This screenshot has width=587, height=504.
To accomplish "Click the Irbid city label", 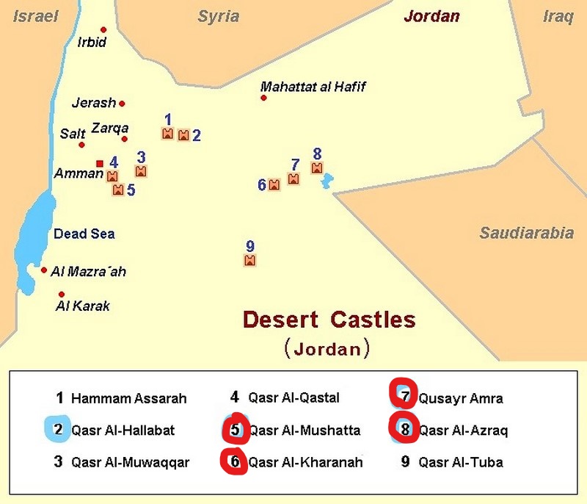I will pyautogui.click(x=92, y=43).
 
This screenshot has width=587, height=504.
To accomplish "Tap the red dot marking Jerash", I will pyautogui.click(x=122, y=104).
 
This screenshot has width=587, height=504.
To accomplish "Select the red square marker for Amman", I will pyautogui.click(x=100, y=163).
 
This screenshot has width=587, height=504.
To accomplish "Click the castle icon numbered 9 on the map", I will pyautogui.click(x=249, y=260).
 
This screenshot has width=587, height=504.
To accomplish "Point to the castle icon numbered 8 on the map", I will pyautogui.click(x=317, y=168).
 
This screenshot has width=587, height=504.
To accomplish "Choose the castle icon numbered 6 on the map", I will pyautogui.click(x=274, y=185).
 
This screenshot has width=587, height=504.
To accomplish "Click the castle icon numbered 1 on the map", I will pyautogui.click(x=167, y=134).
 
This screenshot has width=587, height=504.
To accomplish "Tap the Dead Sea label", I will pyautogui.click(x=84, y=234).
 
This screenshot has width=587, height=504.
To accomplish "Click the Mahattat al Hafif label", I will pyautogui.click(x=313, y=87).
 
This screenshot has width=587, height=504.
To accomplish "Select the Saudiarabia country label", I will pyautogui.click(x=526, y=234).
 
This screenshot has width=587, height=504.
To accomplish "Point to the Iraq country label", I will pyautogui.click(x=558, y=17).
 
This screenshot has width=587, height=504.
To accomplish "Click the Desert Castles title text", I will pyautogui.click(x=329, y=320).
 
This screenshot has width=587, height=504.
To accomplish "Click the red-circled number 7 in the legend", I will pyautogui.click(x=403, y=397).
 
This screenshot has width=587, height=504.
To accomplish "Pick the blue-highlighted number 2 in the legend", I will pyautogui.click(x=58, y=430).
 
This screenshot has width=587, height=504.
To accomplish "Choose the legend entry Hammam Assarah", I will pyautogui.click(x=128, y=399).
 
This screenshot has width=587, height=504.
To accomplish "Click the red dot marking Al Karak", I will pyautogui.click(x=62, y=294).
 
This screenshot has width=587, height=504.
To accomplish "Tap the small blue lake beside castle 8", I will pyautogui.click(x=327, y=181).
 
